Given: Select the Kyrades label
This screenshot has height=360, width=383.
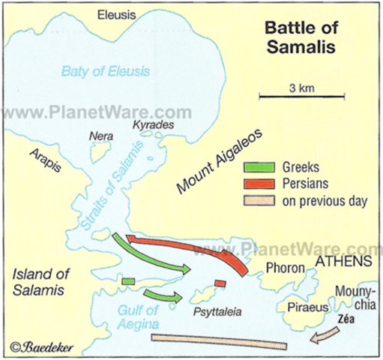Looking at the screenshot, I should (153, 124).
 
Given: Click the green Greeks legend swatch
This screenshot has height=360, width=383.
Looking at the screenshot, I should (262, 166).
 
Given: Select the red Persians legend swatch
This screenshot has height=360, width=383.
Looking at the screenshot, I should (262, 184).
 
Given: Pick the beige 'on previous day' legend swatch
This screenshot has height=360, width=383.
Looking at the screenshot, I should (262, 201).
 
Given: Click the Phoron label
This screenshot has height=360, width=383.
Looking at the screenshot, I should (286, 267).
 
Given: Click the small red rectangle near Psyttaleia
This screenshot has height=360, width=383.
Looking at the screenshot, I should (220, 283).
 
